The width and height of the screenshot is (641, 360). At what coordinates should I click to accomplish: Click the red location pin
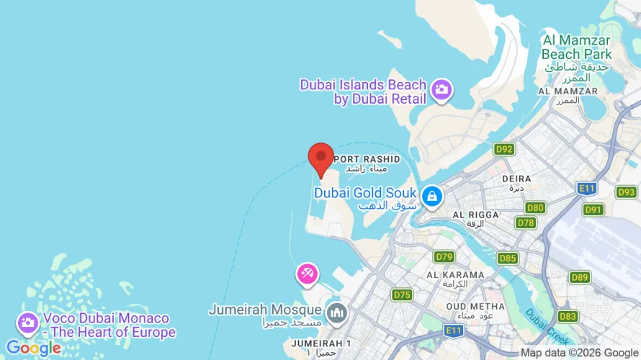(320, 158)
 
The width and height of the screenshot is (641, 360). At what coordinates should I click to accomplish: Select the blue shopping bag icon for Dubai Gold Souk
(431, 195)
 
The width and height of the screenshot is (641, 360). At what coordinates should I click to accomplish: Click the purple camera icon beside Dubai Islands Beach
(441, 90)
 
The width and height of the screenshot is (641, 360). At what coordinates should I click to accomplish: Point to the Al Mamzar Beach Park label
(576, 47)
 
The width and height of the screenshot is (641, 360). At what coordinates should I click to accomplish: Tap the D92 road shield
(504, 149)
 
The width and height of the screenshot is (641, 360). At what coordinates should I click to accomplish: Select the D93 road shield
(627, 192)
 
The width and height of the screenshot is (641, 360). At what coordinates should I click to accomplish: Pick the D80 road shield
(535, 208)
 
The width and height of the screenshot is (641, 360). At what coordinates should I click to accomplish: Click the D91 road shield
(593, 210)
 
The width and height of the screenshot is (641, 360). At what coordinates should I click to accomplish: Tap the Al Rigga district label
(475, 215)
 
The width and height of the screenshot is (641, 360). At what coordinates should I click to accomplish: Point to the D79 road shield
(444, 256)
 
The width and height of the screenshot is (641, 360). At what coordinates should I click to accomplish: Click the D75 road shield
(402, 294)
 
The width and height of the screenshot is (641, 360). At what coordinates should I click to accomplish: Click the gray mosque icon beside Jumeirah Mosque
(336, 313)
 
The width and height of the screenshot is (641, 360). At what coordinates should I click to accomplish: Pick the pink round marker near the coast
(307, 274)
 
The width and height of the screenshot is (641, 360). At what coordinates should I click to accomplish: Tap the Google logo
(33, 348)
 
